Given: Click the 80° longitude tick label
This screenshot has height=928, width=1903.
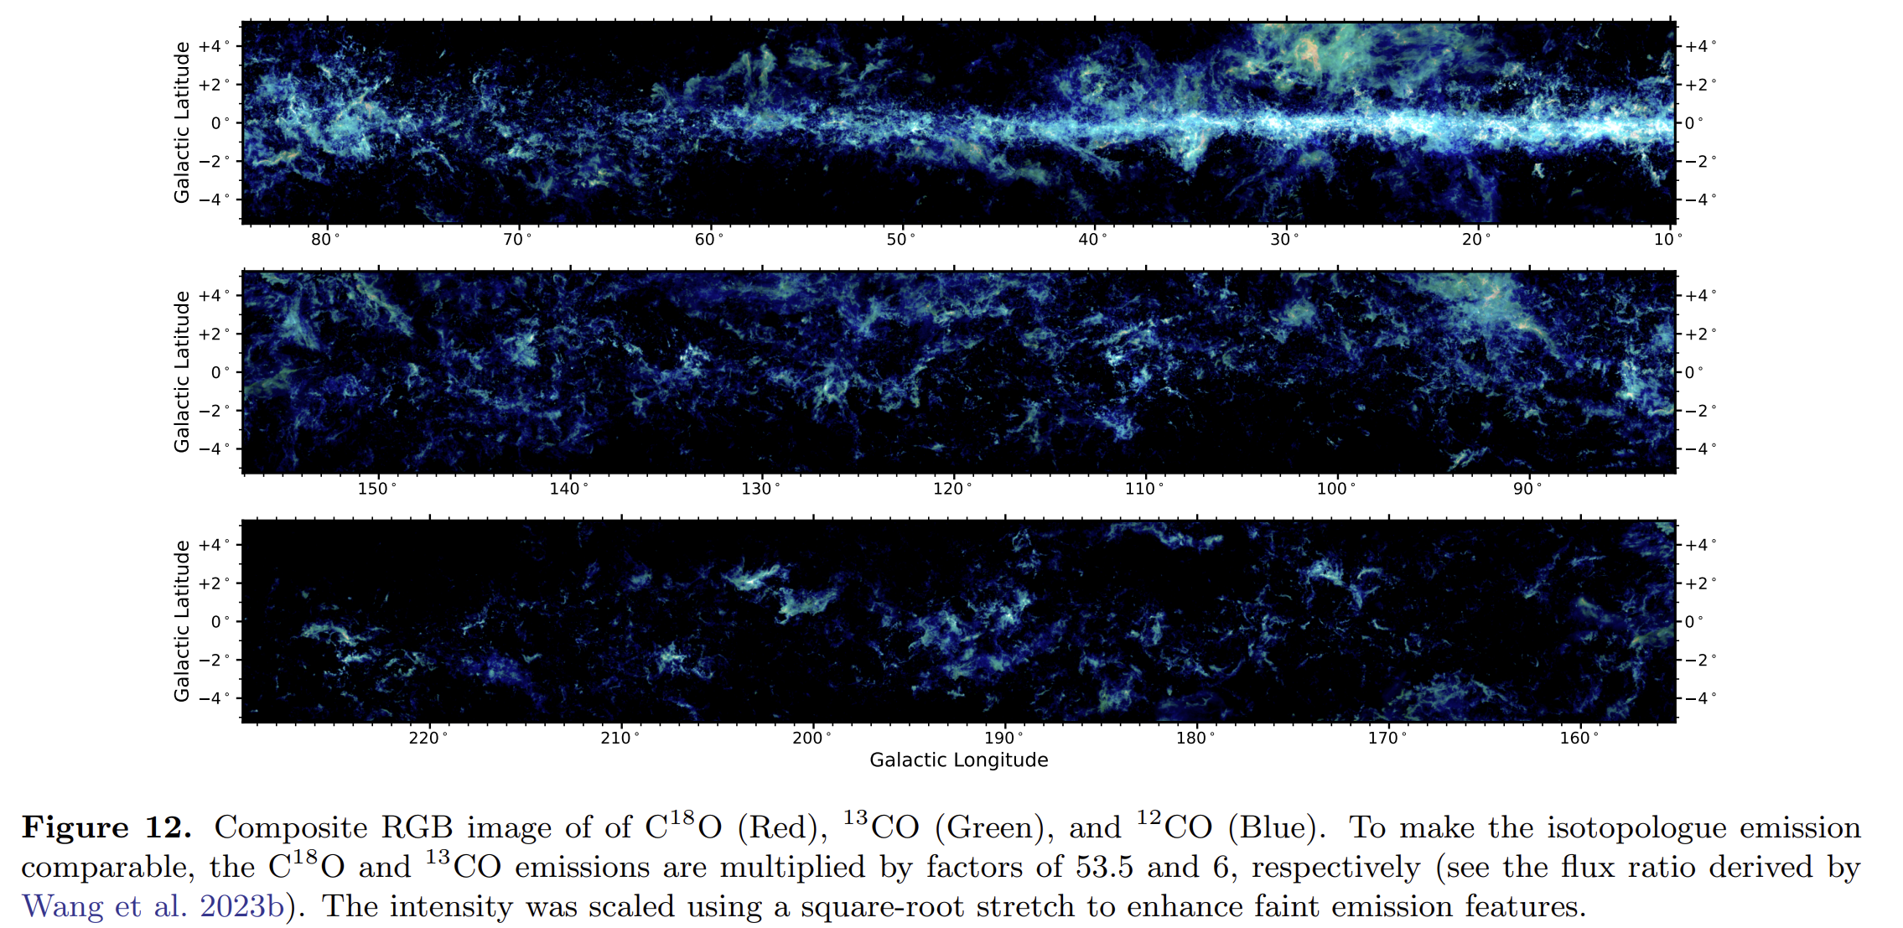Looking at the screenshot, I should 325,240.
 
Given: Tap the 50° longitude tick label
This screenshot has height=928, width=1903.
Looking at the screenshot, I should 900,240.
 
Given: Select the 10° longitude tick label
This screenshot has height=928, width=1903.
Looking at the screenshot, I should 1667,240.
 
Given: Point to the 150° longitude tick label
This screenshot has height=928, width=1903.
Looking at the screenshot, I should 376,489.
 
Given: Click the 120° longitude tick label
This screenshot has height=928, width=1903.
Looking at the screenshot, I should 952,489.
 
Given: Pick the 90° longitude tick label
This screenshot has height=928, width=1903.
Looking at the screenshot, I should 1527,489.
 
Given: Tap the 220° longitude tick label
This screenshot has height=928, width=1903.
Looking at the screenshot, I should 428,739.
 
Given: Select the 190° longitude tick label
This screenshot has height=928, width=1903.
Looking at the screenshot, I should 1003,739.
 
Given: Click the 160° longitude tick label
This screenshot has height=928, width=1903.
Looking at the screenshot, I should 1579,739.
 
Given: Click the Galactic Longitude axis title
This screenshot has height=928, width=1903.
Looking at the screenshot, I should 958,760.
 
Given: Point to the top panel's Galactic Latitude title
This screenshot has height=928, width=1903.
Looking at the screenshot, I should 182,122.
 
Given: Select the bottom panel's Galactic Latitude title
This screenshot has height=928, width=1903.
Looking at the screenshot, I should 182,621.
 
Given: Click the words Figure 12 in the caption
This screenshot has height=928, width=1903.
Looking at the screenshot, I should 106,827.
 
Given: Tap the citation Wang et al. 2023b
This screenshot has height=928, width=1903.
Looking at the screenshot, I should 153,906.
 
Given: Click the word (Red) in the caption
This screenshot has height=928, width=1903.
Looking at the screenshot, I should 777,827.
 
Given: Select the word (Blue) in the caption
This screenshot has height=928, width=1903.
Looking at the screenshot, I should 1278,827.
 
